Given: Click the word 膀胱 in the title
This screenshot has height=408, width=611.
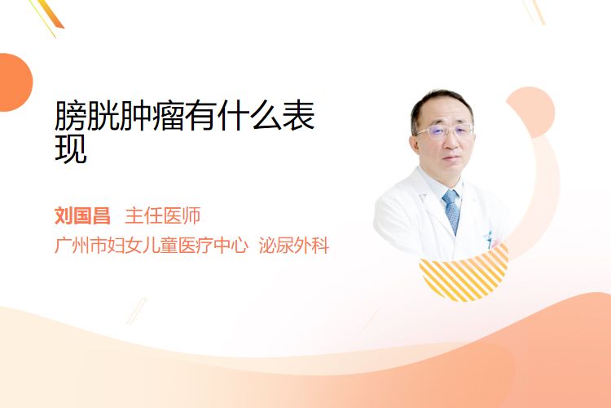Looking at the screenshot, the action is (x=86, y=116).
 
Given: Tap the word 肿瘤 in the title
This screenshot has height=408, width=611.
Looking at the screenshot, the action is (x=152, y=116).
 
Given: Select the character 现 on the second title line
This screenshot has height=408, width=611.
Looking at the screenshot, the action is (x=71, y=149).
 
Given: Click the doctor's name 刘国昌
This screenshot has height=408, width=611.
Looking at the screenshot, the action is (x=82, y=216).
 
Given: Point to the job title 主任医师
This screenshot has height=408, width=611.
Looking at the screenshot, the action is (x=163, y=216).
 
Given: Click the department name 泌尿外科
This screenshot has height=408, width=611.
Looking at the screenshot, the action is (x=294, y=246).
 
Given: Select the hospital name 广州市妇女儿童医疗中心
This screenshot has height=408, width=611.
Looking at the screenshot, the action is (x=152, y=246).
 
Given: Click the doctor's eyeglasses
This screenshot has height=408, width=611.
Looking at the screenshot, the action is (x=445, y=131).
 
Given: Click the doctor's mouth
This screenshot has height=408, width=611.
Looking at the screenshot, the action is (x=451, y=158).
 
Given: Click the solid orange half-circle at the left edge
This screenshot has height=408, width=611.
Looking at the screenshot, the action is (x=15, y=82).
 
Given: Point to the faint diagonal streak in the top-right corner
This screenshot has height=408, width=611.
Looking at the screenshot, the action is (x=534, y=11).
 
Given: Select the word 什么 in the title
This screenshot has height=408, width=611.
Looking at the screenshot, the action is (x=249, y=116).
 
